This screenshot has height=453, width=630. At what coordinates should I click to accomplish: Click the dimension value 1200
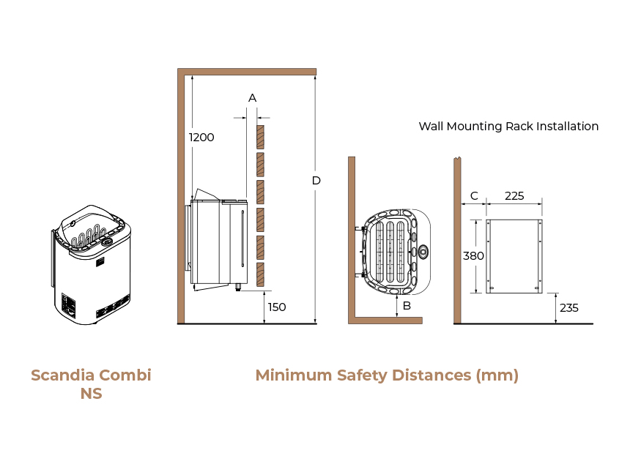tap(201, 137)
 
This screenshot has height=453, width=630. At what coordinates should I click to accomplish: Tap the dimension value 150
tap(277, 307)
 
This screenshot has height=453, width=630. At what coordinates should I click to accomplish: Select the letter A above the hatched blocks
tap(253, 97)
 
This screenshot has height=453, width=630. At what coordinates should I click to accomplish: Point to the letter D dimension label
tap(316, 180)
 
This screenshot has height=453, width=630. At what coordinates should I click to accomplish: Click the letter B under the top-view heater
tap(407, 305)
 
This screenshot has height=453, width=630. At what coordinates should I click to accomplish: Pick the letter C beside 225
tap(474, 195)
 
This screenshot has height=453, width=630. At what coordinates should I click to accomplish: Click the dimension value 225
tap(515, 195)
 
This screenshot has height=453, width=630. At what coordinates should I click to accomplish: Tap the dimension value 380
tap(473, 256)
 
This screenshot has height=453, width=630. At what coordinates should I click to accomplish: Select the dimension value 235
tap(569, 307)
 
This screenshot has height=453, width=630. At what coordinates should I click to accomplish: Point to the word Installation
tap(568, 126)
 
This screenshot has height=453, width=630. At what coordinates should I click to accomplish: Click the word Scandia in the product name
tap(62, 375)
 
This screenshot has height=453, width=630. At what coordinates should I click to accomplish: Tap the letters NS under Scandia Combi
tap(91, 394)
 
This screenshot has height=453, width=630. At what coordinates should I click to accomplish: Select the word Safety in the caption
tap(363, 375)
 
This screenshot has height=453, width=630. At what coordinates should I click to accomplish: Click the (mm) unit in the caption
tap(497, 375)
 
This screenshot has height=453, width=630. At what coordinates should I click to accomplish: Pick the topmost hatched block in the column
tap(260, 135)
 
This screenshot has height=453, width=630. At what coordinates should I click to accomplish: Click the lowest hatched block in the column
tap(260, 274)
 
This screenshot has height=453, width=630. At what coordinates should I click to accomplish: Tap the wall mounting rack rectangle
tap(514, 256)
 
